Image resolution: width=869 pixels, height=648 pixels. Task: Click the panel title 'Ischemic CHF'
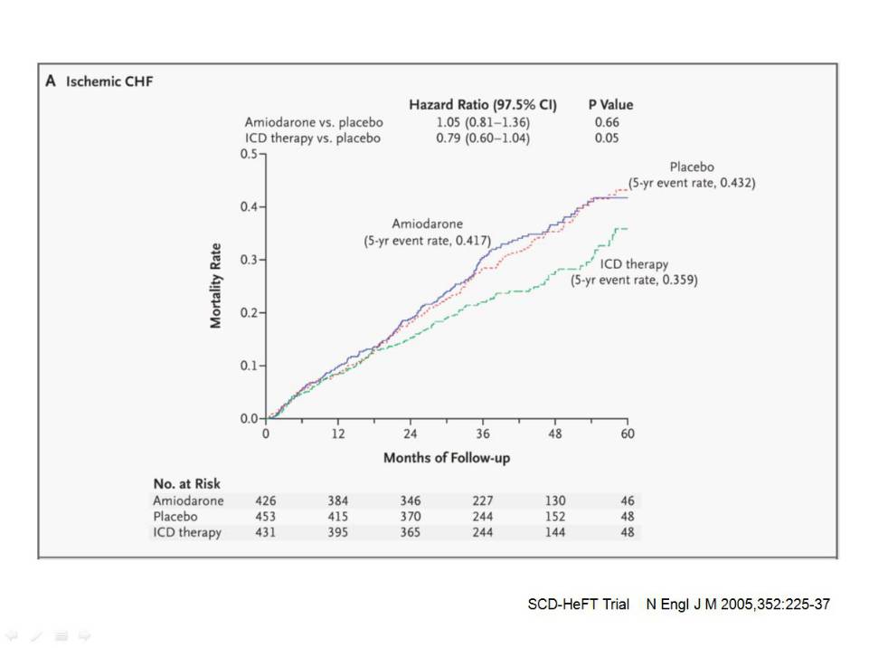click(x=109, y=81)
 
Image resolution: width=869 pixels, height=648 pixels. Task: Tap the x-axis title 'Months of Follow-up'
click(x=446, y=458)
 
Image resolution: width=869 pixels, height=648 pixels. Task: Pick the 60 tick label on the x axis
click(x=628, y=434)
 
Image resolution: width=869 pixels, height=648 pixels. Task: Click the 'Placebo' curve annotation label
click(x=692, y=167)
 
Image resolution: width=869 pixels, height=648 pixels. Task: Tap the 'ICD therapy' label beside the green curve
click(x=634, y=264)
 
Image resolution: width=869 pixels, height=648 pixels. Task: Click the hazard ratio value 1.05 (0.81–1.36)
click(x=482, y=122)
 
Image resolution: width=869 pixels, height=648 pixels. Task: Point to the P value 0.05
click(x=607, y=138)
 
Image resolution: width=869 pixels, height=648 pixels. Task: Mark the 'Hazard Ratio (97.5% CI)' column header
click(x=482, y=105)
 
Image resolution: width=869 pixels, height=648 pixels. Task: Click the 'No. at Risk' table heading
click(x=186, y=484)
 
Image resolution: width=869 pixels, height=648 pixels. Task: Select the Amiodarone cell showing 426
click(x=266, y=500)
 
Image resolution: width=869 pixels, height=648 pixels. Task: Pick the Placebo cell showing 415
click(x=337, y=516)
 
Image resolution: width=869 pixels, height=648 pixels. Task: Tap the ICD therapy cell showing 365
click(x=410, y=532)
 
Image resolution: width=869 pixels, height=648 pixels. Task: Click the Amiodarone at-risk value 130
click(x=554, y=500)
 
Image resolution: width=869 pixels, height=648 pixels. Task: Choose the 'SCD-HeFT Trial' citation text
click(x=578, y=604)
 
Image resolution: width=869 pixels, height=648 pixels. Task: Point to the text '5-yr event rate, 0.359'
click(x=634, y=281)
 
